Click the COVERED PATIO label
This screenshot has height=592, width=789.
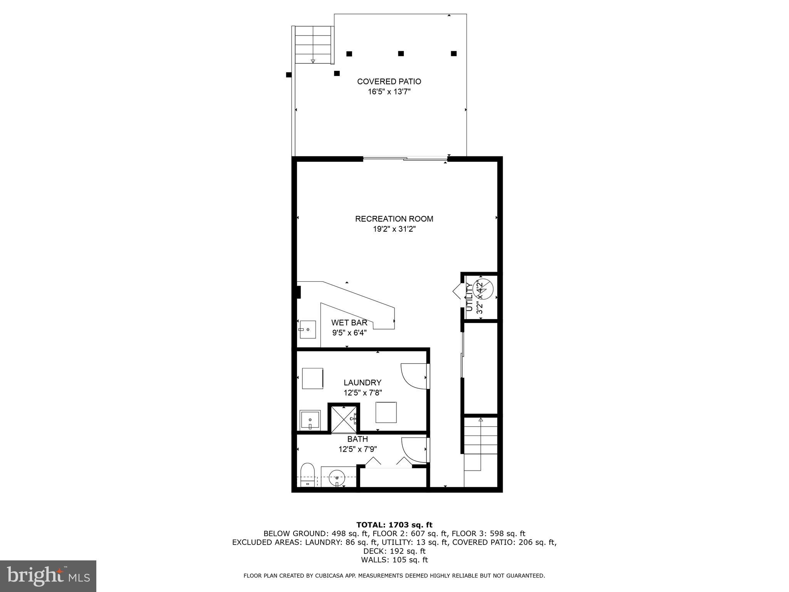click(389, 82)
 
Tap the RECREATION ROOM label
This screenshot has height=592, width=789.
click(394, 219)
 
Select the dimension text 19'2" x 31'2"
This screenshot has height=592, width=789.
click(394, 229)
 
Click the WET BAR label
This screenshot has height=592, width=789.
click(349, 323)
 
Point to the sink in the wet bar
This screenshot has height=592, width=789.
click(307, 330)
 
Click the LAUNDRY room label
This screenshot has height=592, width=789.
click(362, 382)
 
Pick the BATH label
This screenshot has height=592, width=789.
click(357, 439)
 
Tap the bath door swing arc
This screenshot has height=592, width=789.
click(413, 450)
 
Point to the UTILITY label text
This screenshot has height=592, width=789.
click(469, 297)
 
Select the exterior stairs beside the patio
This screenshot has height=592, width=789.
click(313, 45)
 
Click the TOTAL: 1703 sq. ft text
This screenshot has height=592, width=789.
click(394, 525)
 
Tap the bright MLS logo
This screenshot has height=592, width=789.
click(48, 576)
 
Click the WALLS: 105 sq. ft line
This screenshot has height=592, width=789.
click(394, 560)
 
